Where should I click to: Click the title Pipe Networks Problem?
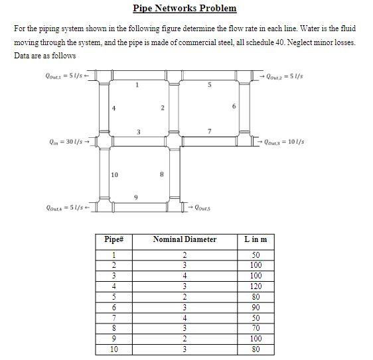[185, 9]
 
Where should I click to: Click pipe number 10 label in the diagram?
[114, 175]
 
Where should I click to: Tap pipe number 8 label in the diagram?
[163, 175]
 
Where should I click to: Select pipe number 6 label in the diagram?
[233, 106]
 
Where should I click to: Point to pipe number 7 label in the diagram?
[209, 131]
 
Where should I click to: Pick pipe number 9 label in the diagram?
[137, 197]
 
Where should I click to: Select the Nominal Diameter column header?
[185, 239]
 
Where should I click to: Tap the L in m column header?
[256, 239]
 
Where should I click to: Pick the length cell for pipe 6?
[256, 308]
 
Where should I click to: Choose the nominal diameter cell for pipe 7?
[185, 318]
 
